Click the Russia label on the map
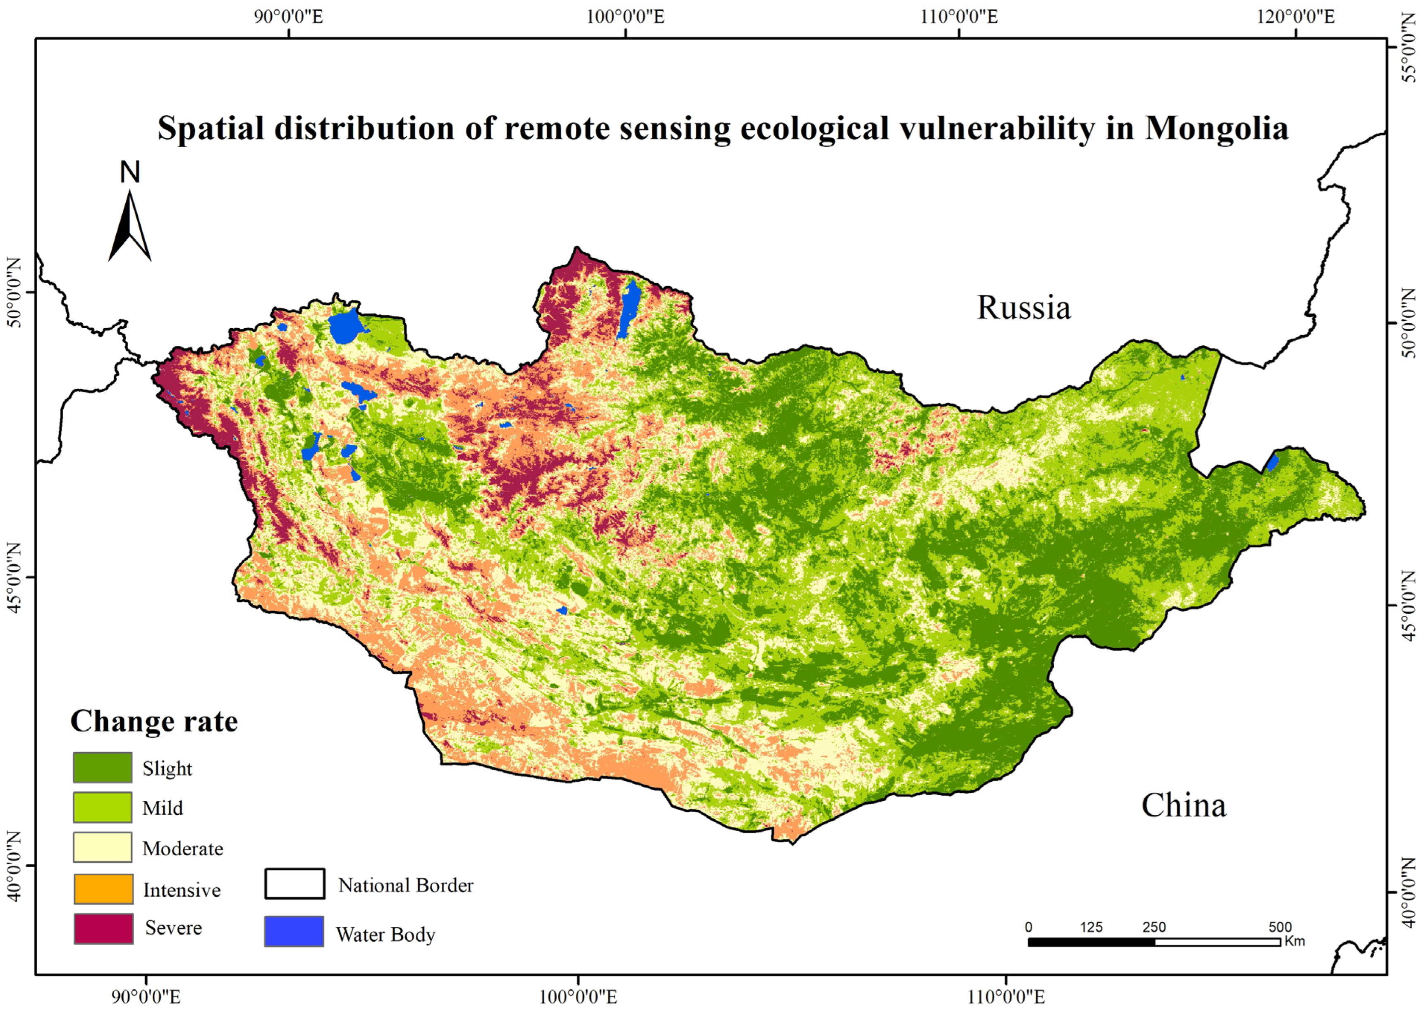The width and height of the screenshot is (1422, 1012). [x=1023, y=308]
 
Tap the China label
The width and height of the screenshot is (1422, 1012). [x=1183, y=805]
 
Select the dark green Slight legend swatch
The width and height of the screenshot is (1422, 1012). [x=103, y=767]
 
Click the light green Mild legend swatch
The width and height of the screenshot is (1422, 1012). [x=103, y=807]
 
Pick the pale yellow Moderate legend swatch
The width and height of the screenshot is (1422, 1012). [x=103, y=847]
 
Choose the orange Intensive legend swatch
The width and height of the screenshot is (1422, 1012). [x=103, y=889]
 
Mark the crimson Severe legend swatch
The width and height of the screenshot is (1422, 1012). [x=103, y=928]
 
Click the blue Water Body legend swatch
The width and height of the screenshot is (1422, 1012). [x=294, y=931]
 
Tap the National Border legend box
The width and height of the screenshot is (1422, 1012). [x=294, y=884]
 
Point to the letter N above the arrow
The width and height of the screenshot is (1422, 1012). [x=129, y=172]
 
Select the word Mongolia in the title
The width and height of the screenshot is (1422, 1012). [x=1216, y=128]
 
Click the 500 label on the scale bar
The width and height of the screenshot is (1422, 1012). [x=1280, y=927]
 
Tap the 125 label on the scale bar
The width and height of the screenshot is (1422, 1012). [x=1091, y=927]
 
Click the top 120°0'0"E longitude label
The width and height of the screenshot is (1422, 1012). [x=1295, y=17]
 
